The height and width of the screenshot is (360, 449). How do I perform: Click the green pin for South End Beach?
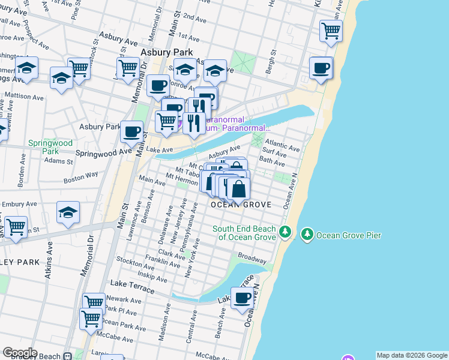click(x=286, y=232)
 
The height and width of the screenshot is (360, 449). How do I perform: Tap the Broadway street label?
click(x=252, y=258)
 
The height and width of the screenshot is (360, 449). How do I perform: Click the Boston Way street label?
click(x=80, y=176)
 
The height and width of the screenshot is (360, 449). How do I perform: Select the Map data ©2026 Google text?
click(x=411, y=355)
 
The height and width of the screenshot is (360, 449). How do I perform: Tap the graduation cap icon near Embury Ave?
click(x=68, y=212)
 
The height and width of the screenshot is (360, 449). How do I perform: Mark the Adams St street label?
click(x=58, y=161)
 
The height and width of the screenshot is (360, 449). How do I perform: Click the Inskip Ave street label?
click(x=152, y=278)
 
